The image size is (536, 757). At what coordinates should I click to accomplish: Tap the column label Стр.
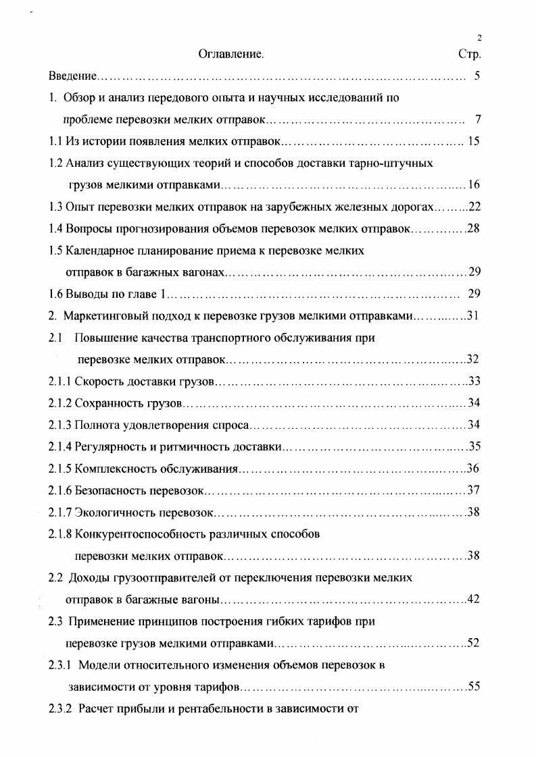[469, 54]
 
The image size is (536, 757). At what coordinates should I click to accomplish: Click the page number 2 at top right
[479, 38]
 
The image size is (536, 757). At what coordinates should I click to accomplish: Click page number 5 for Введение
[477, 76]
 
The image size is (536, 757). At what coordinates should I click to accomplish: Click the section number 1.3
[56, 206]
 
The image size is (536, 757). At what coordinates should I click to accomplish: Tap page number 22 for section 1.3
[473, 206]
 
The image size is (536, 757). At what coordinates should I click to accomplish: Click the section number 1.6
[56, 294]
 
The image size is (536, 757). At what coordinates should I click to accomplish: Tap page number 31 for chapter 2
[472, 315]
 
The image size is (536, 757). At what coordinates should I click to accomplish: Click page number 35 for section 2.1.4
[473, 446]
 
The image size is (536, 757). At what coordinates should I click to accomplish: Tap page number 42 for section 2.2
[473, 599]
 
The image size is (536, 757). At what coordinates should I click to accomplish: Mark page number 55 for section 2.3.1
[473, 687]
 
